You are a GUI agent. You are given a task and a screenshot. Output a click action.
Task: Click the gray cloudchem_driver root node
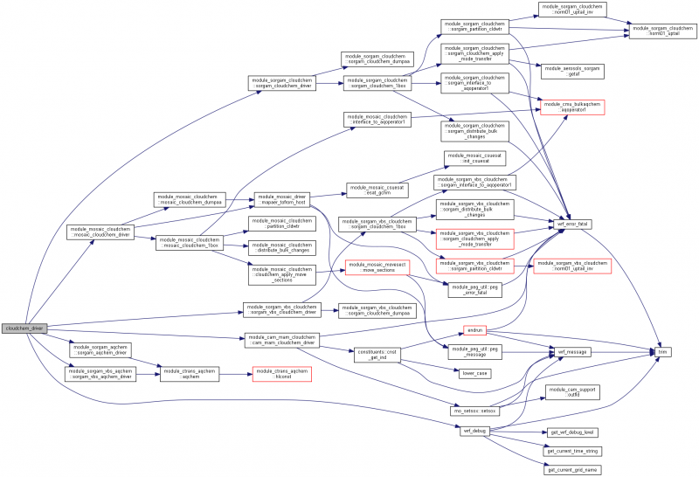24,328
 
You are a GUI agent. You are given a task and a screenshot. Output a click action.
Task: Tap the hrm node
663,351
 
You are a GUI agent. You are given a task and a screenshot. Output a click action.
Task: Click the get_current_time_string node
574,451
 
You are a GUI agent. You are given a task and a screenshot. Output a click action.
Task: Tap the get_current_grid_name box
574,470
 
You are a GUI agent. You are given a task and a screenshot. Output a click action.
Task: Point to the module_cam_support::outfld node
574,391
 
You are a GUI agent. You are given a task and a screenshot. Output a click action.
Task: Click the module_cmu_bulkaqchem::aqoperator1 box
572,108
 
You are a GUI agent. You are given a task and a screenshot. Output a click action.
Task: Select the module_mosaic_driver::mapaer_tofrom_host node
281,201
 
